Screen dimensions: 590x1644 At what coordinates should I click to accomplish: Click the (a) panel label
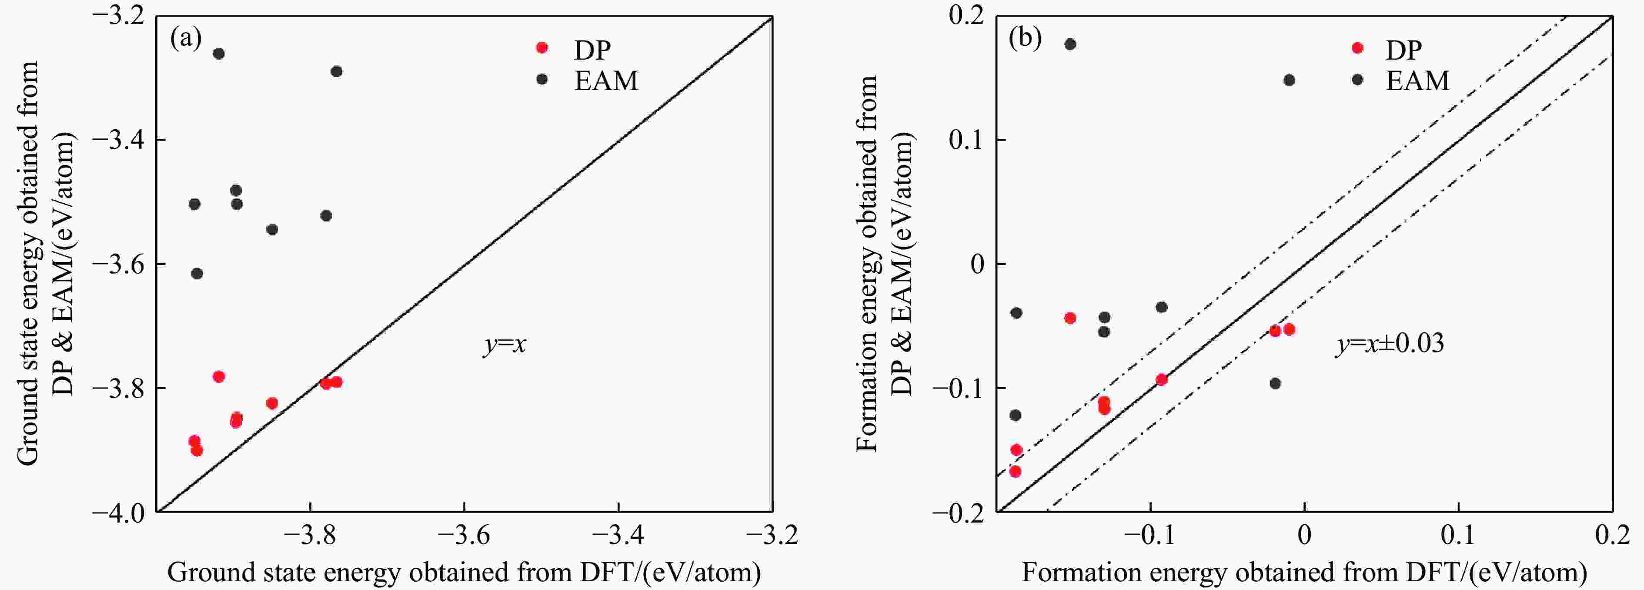coord(186,39)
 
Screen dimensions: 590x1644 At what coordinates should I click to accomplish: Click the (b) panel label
coord(1025,39)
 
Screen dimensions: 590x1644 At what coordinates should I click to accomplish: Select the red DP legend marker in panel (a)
coord(542,48)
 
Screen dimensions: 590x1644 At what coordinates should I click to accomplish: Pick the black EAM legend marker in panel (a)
coord(542,79)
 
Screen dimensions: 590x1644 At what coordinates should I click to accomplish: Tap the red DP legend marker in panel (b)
coord(1357,48)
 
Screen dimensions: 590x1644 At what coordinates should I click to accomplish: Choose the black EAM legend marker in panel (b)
coord(1357,80)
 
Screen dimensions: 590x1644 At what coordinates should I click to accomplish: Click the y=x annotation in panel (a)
coord(504,345)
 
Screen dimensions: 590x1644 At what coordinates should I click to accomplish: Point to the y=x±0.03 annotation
coord(1390,344)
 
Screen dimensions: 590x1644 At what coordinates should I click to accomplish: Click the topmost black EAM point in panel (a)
coord(219,54)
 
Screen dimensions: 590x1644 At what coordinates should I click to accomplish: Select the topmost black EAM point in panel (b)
coord(1070,44)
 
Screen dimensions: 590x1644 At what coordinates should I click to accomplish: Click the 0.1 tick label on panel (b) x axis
coord(1458,535)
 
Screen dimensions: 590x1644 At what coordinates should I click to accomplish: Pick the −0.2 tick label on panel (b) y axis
coord(960,512)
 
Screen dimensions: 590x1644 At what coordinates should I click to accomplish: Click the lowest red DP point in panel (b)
coord(1016,471)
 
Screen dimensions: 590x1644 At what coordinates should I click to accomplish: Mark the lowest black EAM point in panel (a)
coord(197,273)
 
